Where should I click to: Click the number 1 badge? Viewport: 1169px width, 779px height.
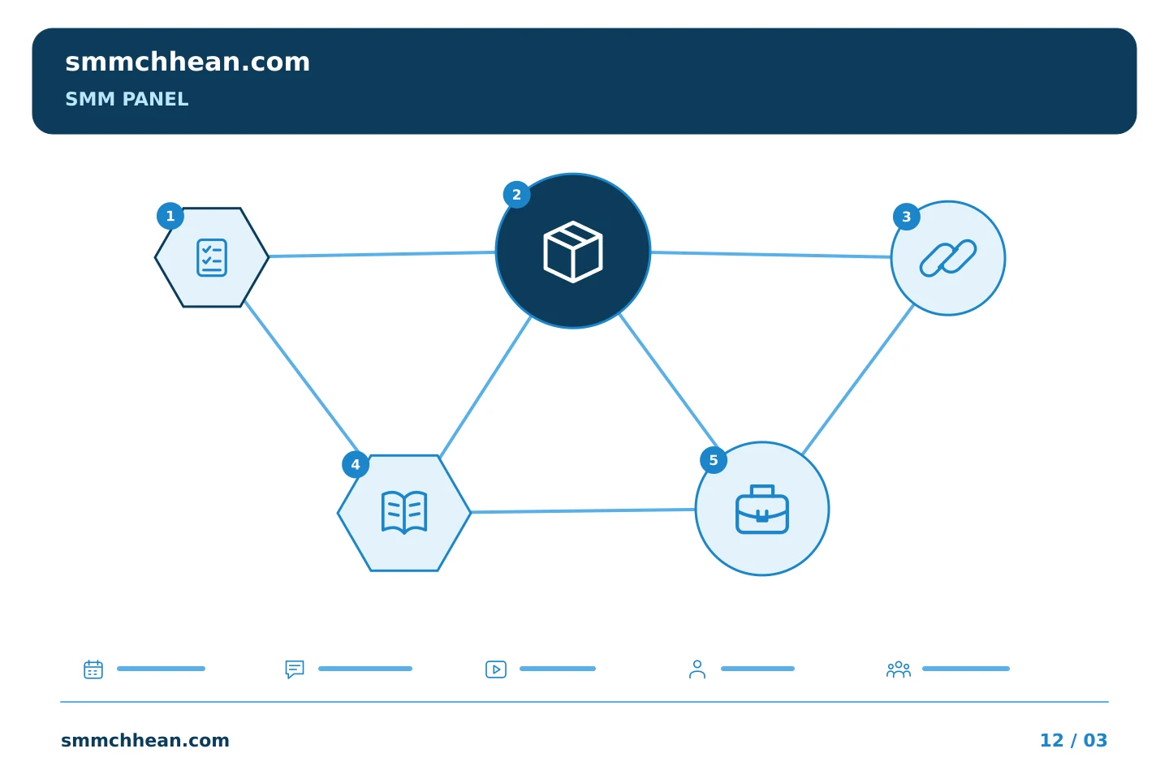point(170,216)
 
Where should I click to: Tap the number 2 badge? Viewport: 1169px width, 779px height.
point(516,195)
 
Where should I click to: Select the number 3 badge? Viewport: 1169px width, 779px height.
point(907,217)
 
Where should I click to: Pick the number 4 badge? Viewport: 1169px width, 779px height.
point(356,464)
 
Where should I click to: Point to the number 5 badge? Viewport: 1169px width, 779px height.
point(714,460)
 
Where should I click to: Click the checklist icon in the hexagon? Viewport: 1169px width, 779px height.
point(212,258)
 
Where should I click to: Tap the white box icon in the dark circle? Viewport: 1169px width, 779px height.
point(573,252)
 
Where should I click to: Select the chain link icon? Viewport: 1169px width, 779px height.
point(947,258)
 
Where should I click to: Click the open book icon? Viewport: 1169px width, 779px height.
point(404,512)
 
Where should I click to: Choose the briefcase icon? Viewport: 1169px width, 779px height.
point(762,510)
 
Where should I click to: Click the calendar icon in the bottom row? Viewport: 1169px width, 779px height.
point(93,669)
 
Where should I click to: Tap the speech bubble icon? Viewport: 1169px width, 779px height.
point(295,669)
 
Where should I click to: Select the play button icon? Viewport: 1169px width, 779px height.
point(496,669)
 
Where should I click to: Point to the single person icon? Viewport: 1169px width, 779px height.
point(697,669)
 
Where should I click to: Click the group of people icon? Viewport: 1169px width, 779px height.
point(899,669)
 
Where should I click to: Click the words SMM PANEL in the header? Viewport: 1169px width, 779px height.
point(127,99)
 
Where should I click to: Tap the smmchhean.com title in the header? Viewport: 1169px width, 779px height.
point(188,62)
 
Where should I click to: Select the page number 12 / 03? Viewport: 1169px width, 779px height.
point(1073,740)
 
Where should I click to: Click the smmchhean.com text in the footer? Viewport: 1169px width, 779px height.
point(145,740)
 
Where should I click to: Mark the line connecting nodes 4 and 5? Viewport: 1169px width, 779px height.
point(583,510)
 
